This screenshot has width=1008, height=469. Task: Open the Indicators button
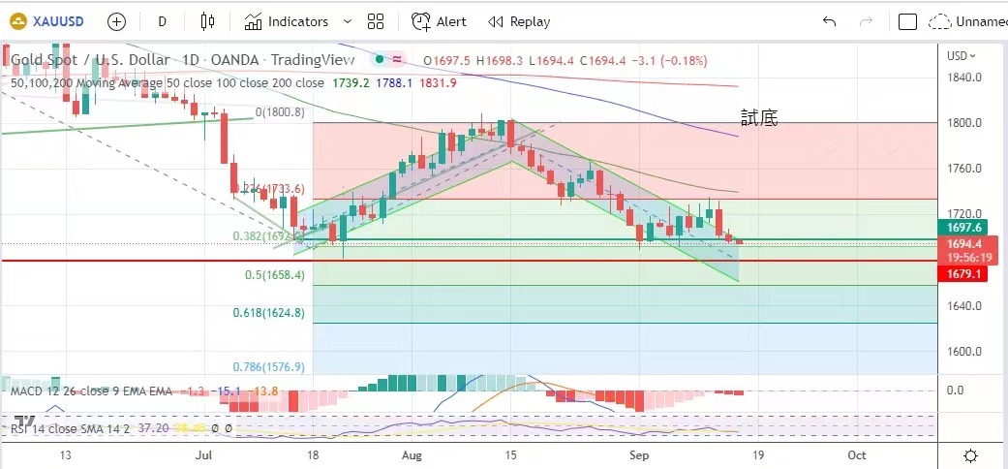(x=297, y=21)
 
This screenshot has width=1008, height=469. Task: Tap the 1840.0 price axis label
(x=964, y=78)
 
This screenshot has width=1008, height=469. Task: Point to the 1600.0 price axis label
(x=964, y=351)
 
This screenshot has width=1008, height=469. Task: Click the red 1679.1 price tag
(x=965, y=274)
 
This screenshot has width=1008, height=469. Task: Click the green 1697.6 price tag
(x=965, y=228)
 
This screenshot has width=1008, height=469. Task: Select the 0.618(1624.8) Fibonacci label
(x=268, y=313)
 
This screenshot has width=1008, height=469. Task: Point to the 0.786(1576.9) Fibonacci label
(x=268, y=367)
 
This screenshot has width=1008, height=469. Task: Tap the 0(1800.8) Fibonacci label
(x=281, y=112)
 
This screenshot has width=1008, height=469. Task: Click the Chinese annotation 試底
(x=759, y=118)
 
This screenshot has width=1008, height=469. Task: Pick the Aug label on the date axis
(x=412, y=453)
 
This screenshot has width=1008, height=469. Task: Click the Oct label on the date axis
(x=856, y=453)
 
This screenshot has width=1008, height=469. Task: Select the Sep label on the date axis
(x=638, y=453)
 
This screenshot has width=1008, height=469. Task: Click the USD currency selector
(x=962, y=55)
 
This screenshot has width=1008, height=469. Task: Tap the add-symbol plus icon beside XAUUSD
(x=116, y=21)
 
